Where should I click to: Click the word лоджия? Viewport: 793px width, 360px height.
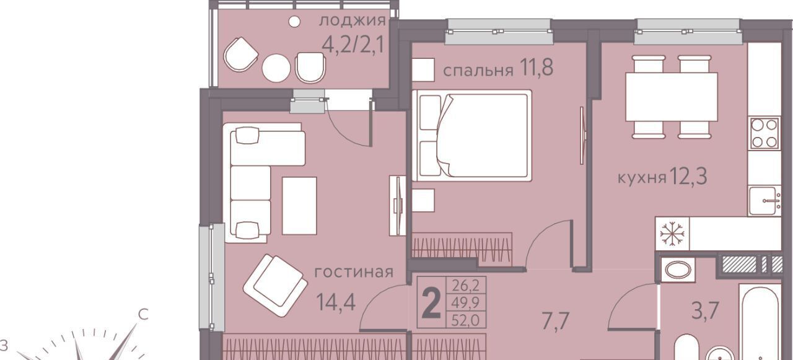(x=353, y=21)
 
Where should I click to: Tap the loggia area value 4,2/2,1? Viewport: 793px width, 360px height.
(x=353, y=45)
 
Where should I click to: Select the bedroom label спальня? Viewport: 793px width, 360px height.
(x=478, y=71)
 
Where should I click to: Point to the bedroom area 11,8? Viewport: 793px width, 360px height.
(x=537, y=68)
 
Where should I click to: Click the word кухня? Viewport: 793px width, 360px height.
(x=642, y=178)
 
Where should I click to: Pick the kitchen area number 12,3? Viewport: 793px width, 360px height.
(x=688, y=176)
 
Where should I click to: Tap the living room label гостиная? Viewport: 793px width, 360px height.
(x=354, y=272)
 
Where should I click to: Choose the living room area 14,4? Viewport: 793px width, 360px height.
(x=336, y=302)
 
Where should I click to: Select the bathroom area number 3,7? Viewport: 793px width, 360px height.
(x=706, y=310)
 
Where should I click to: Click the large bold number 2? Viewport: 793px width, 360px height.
(x=432, y=302)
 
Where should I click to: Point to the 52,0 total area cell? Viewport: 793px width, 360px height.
(x=465, y=321)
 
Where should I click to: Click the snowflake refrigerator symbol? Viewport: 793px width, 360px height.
(x=672, y=234)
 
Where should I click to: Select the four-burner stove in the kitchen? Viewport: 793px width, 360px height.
(x=765, y=133)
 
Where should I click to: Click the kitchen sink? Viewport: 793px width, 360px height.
(x=765, y=200)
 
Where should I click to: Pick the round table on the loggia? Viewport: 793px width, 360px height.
(x=276, y=68)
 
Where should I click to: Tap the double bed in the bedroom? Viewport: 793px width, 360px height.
(x=472, y=136)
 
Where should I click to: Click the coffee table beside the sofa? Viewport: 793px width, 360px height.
(x=299, y=206)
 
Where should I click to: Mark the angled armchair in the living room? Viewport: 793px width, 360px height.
(x=276, y=286)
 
